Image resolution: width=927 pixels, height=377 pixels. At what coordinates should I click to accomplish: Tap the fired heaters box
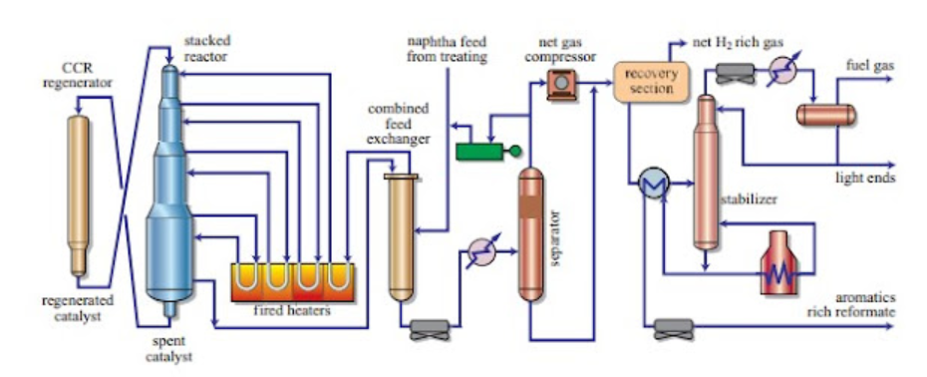click(x=294, y=282)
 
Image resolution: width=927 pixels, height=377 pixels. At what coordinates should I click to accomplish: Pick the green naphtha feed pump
click(x=482, y=152)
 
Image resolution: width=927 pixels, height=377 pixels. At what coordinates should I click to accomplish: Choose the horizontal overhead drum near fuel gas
click(x=824, y=114)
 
